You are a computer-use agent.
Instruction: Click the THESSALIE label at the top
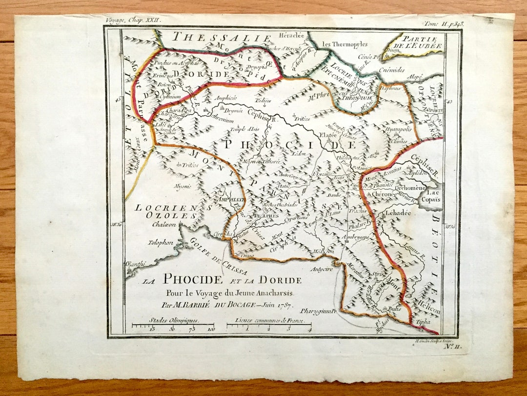tap(222, 38)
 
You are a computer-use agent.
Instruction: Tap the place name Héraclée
tap(291, 36)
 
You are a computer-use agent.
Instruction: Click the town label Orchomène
tap(410, 187)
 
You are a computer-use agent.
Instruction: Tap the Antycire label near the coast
tap(323, 269)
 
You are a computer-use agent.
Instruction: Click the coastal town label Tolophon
tap(162, 242)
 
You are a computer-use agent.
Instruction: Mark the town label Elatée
tap(328, 135)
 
